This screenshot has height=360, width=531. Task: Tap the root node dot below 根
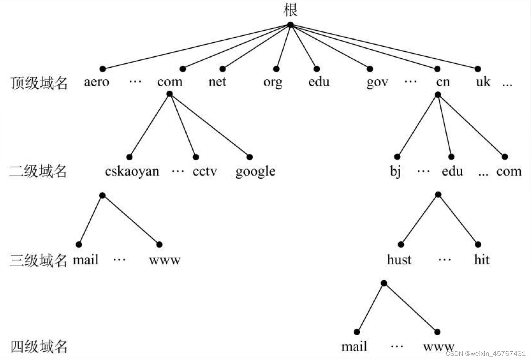291,25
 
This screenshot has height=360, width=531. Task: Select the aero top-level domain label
97,82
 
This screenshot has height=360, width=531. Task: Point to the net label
217,82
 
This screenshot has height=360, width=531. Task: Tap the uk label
483,81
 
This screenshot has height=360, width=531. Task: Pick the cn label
443,82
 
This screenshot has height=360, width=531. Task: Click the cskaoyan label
132,171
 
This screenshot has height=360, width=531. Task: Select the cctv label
205,172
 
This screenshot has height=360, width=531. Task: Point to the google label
256,172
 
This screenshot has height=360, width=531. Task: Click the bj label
395,171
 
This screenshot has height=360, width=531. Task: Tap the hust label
399,260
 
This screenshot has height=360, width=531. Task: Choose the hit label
482,260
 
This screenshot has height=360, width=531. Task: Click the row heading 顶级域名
39,83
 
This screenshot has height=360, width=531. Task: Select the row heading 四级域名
39,347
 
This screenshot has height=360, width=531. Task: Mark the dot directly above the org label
276,69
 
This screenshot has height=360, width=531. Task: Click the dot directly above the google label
249,157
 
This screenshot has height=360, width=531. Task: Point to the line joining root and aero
196,47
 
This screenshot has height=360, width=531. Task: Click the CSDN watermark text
486,353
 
